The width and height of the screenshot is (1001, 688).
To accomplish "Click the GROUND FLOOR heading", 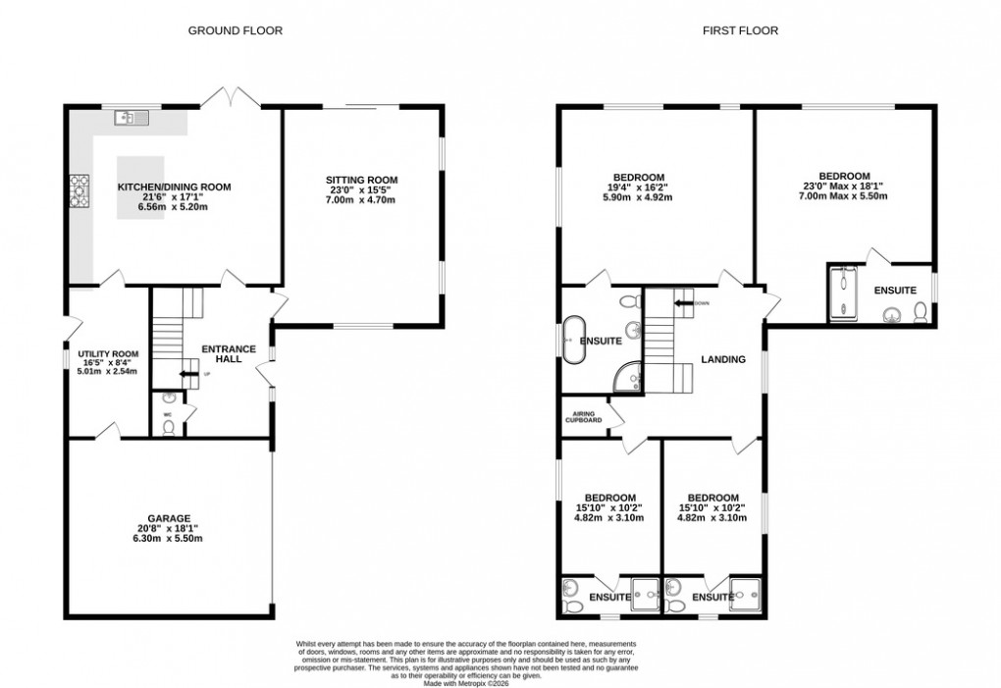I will [x=235, y=30].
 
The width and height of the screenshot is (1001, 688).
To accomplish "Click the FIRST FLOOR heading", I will [x=740, y=30].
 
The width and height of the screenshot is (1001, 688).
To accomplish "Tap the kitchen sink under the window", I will [x=130, y=119].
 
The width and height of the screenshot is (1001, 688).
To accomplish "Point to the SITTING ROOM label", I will [x=362, y=180].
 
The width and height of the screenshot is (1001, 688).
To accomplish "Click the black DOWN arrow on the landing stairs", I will [x=680, y=302].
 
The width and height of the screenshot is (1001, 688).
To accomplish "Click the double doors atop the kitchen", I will [x=232, y=97].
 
